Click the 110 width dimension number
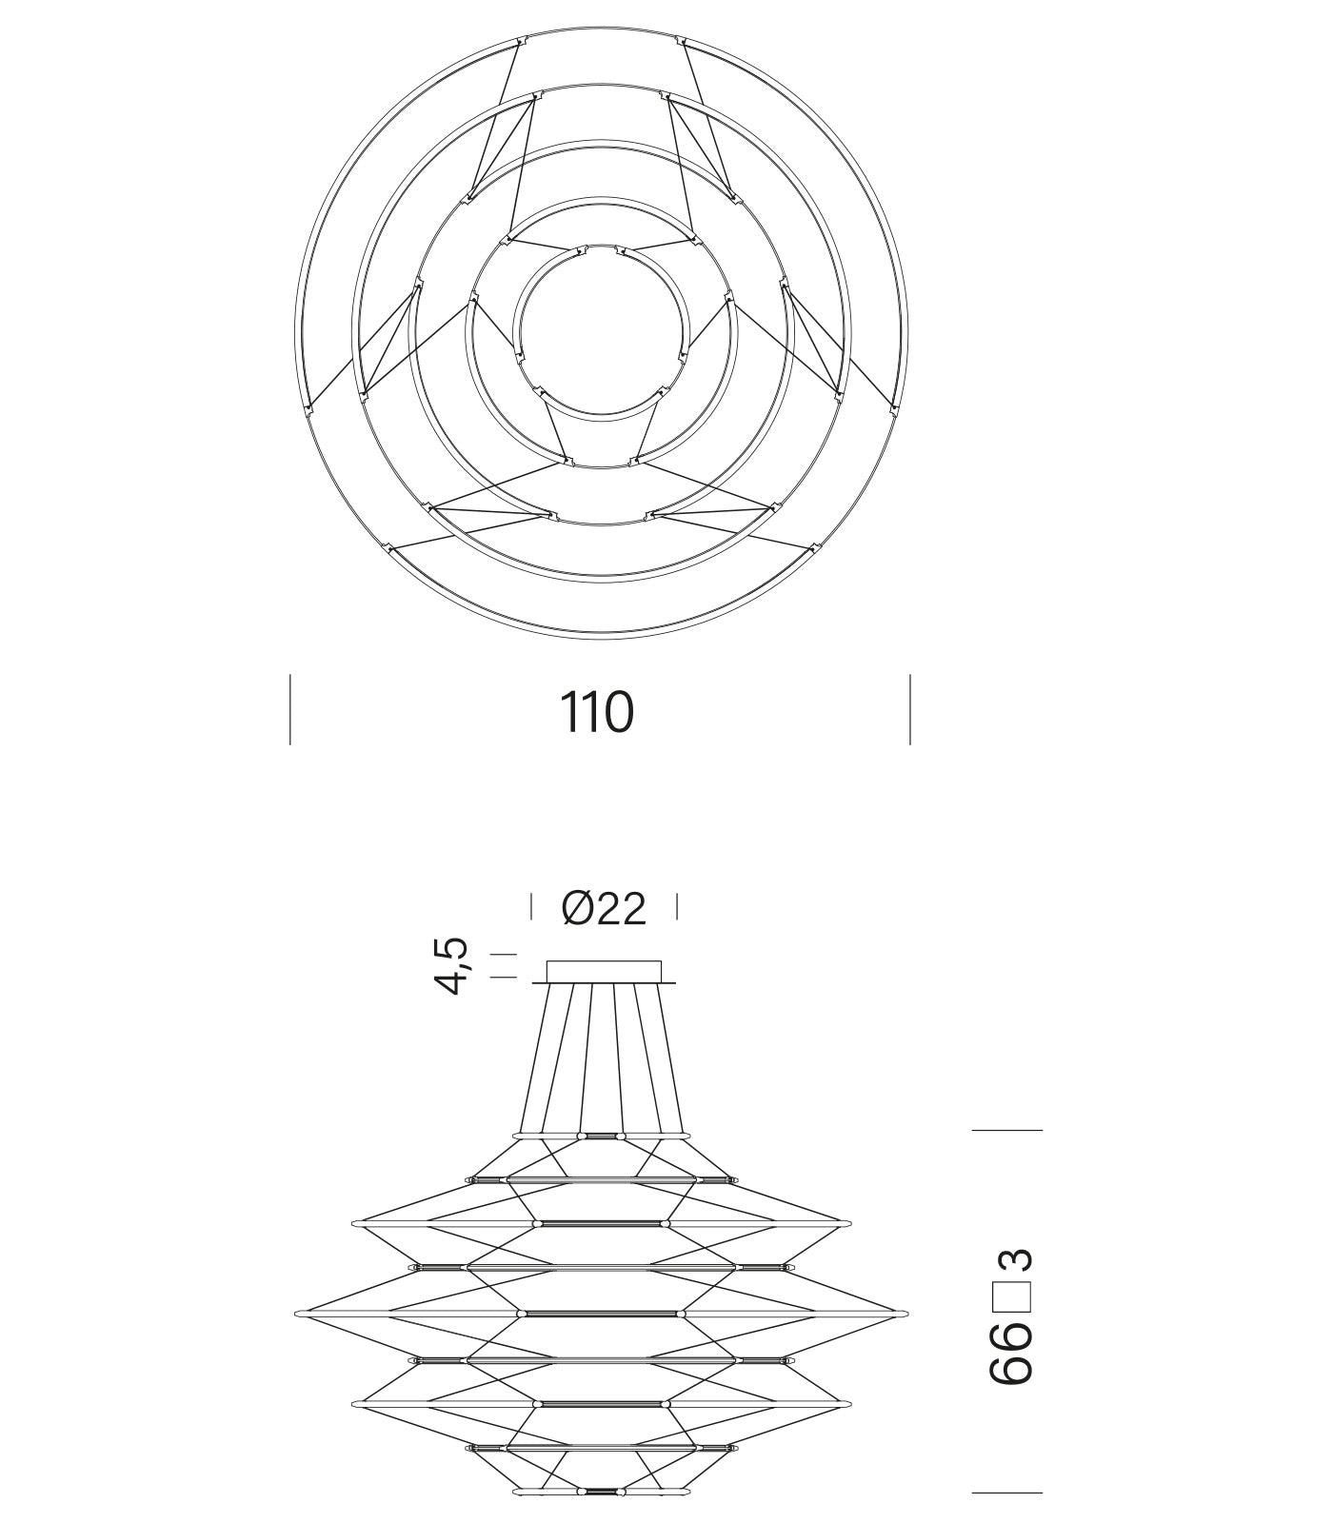(596, 712)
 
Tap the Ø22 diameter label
(604, 908)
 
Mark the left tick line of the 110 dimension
(290, 709)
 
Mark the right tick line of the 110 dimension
(910, 709)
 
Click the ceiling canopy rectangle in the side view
(604, 971)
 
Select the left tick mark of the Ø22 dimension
(531, 906)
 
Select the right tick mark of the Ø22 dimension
(677, 906)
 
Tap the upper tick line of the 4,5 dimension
(503, 954)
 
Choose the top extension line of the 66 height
(1006, 1130)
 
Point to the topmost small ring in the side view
(602, 1136)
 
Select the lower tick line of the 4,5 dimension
(503, 978)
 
